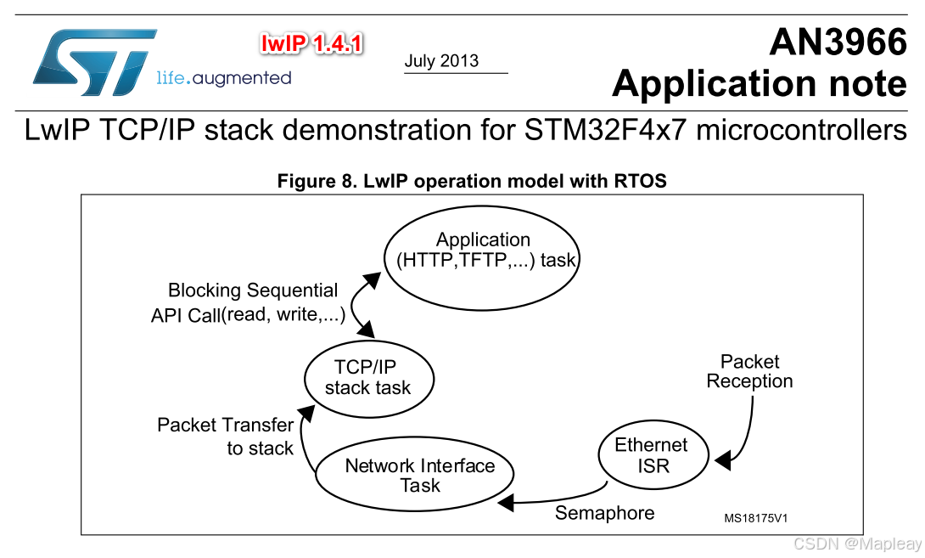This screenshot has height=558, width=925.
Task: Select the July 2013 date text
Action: click(x=441, y=61)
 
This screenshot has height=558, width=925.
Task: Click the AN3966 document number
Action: click(x=837, y=42)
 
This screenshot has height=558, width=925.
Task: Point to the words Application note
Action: click(x=759, y=83)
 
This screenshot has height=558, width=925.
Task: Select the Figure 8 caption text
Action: click(x=472, y=181)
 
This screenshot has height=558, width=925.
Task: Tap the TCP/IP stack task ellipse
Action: click(x=368, y=377)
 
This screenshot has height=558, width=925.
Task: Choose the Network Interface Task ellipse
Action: click(x=418, y=476)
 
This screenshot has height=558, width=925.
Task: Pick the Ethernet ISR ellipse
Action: click(x=652, y=455)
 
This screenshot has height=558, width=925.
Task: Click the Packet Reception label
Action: click(x=749, y=371)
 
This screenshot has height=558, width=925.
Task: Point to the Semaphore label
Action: click(x=604, y=513)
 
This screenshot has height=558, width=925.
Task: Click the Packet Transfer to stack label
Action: click(x=226, y=436)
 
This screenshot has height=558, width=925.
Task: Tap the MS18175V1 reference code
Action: click(x=761, y=517)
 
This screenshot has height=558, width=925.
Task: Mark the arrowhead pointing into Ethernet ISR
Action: click(x=721, y=461)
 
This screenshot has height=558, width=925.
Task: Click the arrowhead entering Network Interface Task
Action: click(x=507, y=503)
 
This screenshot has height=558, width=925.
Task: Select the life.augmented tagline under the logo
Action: click(x=224, y=79)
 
